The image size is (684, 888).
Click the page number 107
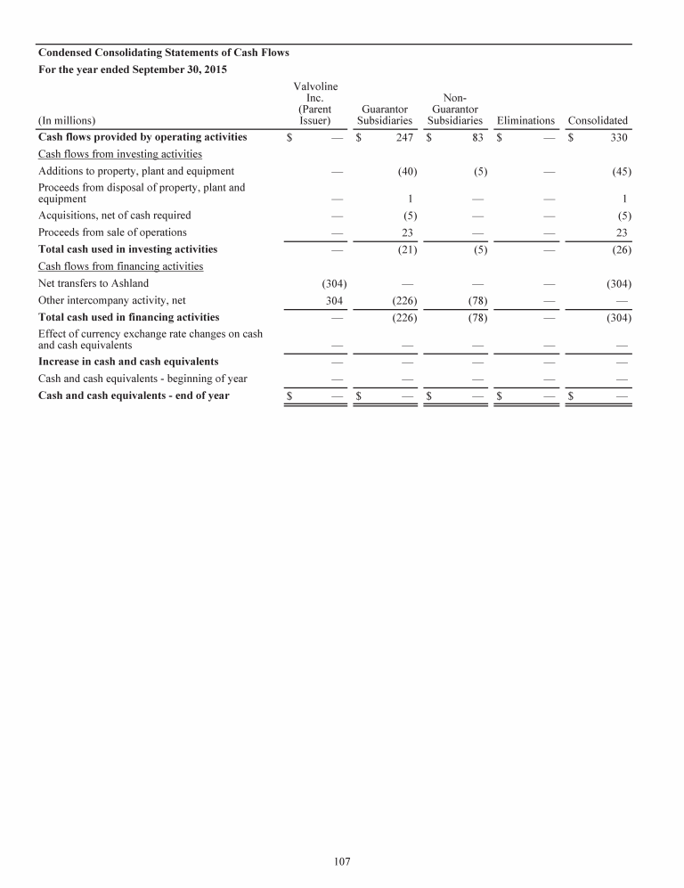pos(342,861)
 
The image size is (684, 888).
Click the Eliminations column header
pos(525,120)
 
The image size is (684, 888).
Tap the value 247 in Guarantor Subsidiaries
pos(403,137)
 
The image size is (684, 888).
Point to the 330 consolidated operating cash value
pos(619,137)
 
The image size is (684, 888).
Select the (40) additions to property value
pos(407,171)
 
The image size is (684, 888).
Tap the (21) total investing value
pos(407,249)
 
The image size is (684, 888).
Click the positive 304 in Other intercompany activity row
pos(336,300)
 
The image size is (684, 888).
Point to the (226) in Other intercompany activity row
pos(404,300)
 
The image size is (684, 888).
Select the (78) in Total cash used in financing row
pos(476,317)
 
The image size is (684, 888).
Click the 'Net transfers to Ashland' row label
pos(94,283)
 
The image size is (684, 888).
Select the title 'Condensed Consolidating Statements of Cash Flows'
pos(163,53)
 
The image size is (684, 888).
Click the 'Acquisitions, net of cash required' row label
pos(114,216)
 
